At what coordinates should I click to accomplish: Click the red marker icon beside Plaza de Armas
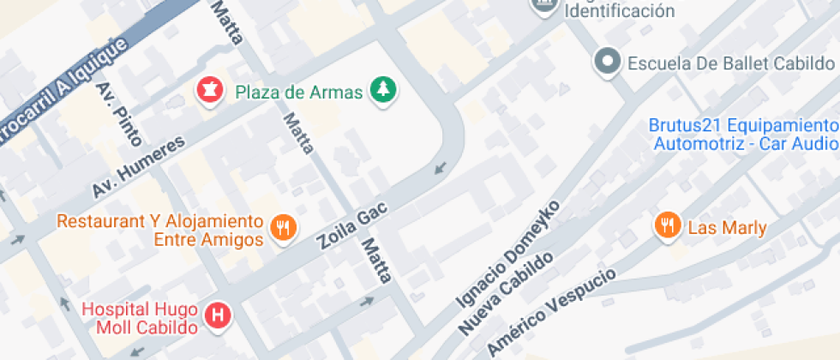[x=207, y=88]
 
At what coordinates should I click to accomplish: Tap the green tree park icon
[x=382, y=89]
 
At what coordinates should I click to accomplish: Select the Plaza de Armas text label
[x=299, y=93]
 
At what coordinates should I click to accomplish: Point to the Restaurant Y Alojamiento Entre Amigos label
[x=159, y=230]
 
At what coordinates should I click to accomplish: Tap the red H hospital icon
[x=219, y=315]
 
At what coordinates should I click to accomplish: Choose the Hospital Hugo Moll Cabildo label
[x=141, y=317]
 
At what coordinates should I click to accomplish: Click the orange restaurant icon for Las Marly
[x=667, y=225]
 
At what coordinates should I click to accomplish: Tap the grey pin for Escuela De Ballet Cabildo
[x=608, y=61]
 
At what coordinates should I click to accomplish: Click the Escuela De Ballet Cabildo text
[x=730, y=63]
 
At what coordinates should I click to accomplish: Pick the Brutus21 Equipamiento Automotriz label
[x=742, y=135]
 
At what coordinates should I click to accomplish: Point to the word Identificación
[x=618, y=11]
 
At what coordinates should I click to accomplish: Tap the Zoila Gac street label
[x=353, y=225]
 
